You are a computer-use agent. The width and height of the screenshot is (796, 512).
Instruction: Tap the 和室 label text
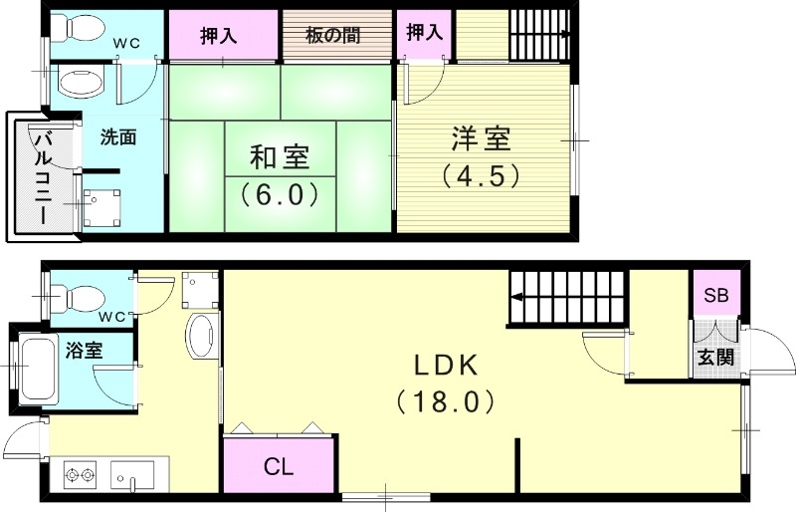pyautogui.click(x=279, y=157)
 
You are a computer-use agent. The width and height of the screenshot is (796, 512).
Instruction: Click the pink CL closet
pyautogui.click(x=278, y=466)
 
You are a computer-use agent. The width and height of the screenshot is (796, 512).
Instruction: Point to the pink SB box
pyautogui.click(x=715, y=295)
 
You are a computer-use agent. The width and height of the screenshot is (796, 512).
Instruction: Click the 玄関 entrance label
pyautogui.click(x=715, y=356)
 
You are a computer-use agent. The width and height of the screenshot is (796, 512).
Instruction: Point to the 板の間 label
pyautogui.click(x=332, y=36)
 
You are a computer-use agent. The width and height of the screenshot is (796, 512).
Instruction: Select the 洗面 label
pyautogui.click(x=117, y=137)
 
